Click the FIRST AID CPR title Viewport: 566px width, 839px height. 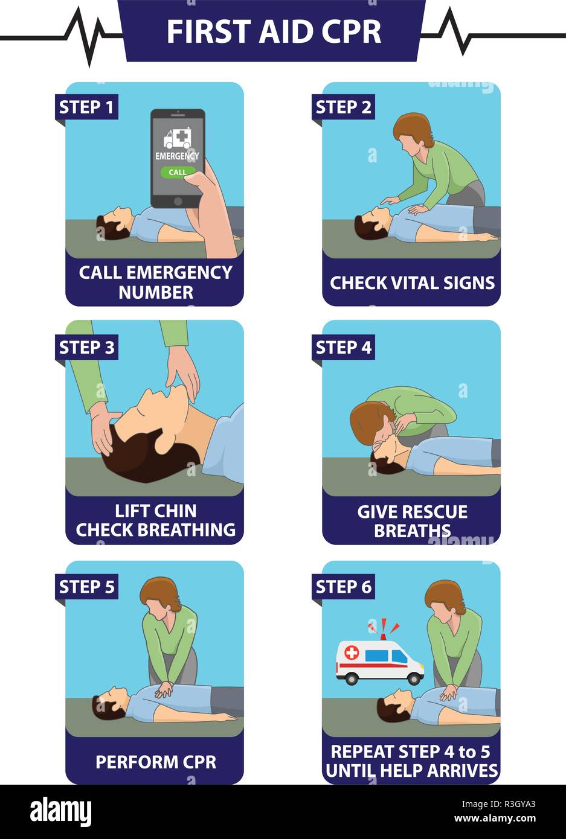tap(274, 31)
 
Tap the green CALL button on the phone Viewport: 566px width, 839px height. tap(178, 172)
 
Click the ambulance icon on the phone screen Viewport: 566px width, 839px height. tap(178, 138)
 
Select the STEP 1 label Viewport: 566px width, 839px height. tap(86, 107)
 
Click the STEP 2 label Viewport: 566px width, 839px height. tap(343, 107)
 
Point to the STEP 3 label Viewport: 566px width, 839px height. tap(86, 347)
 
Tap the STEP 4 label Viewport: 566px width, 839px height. tap(343, 347)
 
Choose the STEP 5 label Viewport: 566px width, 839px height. tap(86, 587)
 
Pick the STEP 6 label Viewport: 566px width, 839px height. tap(343, 587)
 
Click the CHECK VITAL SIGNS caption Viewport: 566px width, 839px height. tap(412, 283)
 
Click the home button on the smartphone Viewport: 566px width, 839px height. tap(178, 201)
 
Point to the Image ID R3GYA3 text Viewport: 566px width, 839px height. tap(498, 804)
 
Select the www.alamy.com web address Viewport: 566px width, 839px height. tap(495, 818)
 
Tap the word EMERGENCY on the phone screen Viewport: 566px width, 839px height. tap(178, 156)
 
